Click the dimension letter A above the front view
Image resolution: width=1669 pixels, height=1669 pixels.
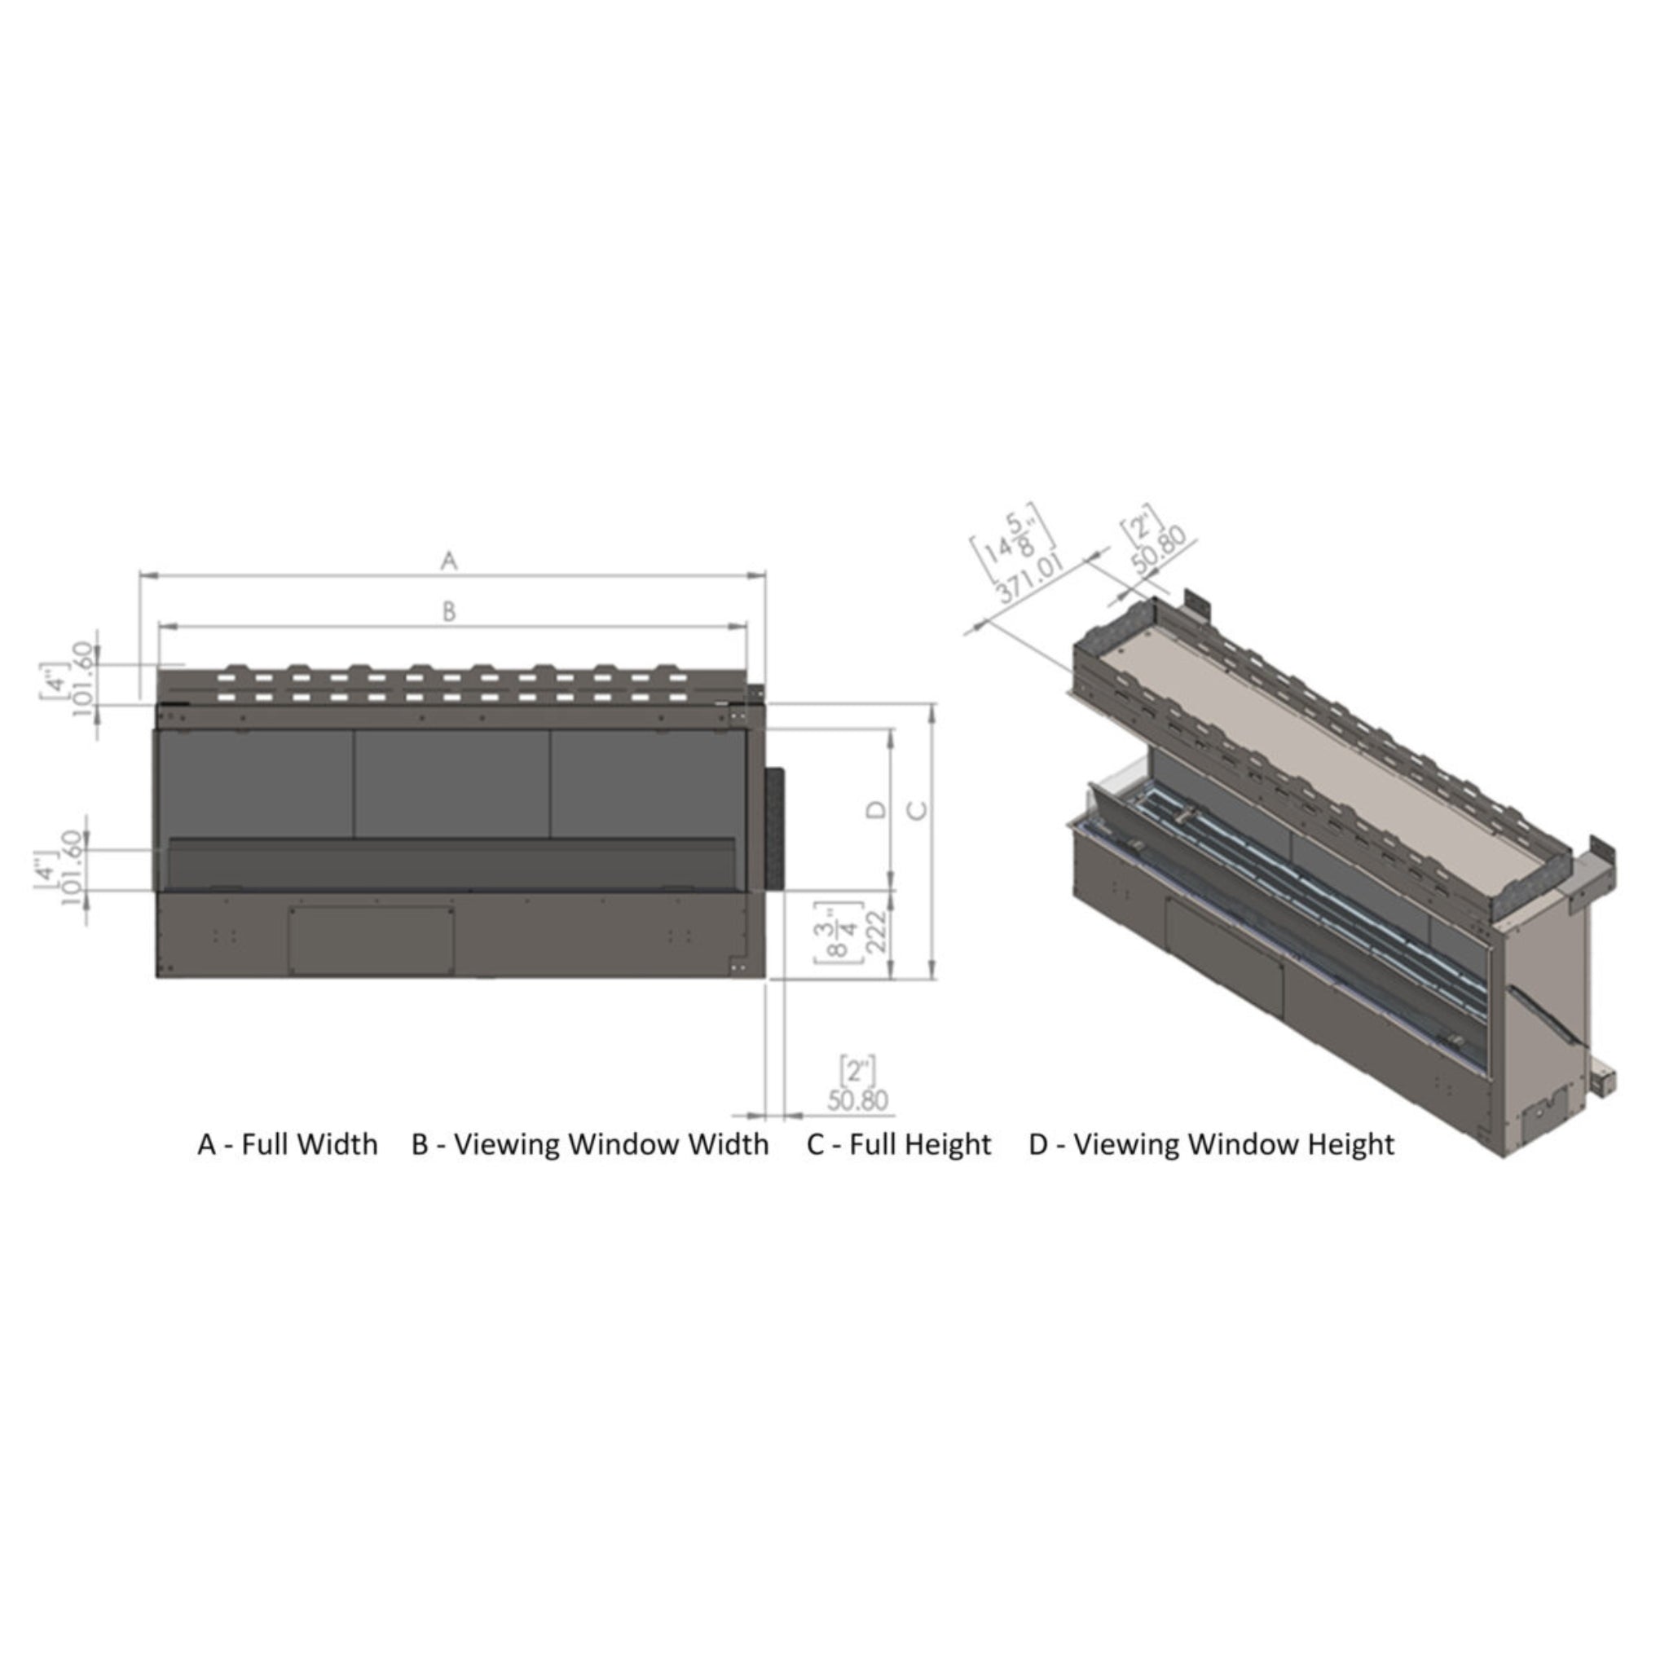pyautogui.click(x=448, y=561)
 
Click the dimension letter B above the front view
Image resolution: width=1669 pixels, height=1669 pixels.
pyautogui.click(x=448, y=612)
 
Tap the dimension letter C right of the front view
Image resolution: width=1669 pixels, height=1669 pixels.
pyautogui.click(x=918, y=810)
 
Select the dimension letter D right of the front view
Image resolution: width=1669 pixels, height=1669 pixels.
pyautogui.click(x=876, y=809)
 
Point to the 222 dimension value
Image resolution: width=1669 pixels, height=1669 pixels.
pyautogui.click(x=877, y=932)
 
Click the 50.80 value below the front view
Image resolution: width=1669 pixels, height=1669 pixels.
pyautogui.click(x=858, y=1100)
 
